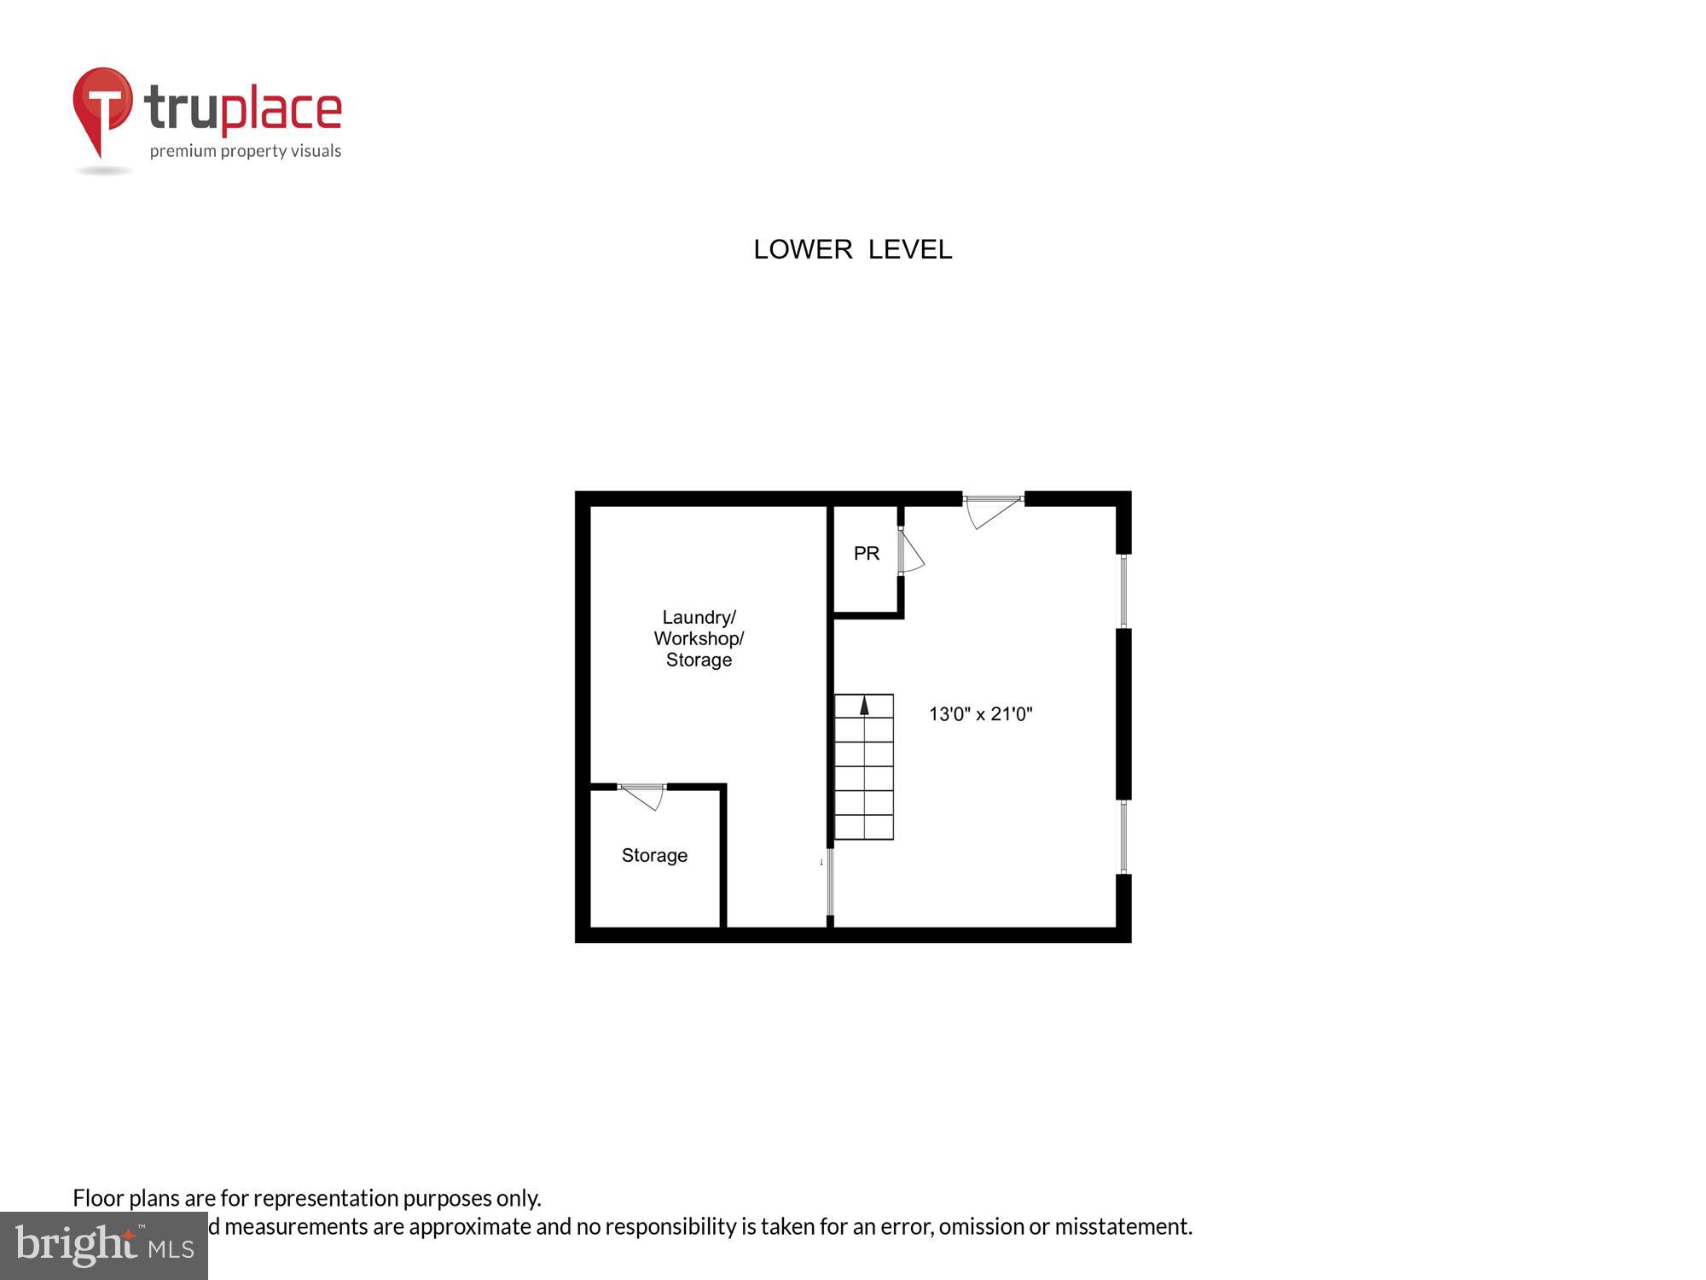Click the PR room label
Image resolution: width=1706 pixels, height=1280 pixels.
tap(866, 554)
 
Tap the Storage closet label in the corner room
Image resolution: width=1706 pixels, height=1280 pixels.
tap(654, 855)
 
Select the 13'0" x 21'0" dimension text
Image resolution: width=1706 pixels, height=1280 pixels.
tap(980, 714)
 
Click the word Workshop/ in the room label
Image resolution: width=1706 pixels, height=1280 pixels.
tap(699, 638)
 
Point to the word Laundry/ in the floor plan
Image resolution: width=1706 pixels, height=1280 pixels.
tap(699, 617)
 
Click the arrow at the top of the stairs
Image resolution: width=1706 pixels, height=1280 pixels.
tap(864, 705)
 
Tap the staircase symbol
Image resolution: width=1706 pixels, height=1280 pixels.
tap(864, 767)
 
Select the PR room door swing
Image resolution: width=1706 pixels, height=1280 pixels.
tap(909, 551)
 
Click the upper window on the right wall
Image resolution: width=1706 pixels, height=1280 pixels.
tap(1123, 591)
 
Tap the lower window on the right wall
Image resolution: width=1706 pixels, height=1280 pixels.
tap(1123, 836)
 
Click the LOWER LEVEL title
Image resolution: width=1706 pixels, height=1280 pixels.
tap(852, 249)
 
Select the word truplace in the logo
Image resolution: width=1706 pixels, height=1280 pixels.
tap(243, 109)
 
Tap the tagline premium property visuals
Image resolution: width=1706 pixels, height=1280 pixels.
tap(246, 151)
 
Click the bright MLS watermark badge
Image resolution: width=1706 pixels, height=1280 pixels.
tap(104, 1246)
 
